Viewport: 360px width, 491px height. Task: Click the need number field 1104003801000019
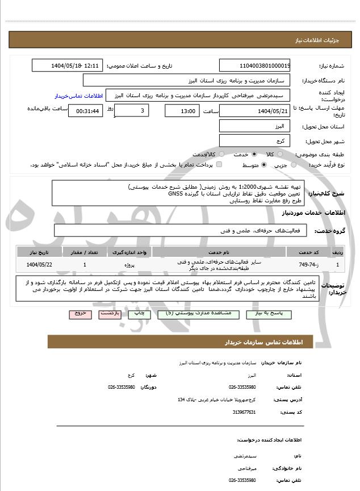pos(255,65)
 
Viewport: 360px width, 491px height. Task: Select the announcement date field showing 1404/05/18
pos(67,65)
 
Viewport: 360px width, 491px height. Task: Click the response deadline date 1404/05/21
pos(255,110)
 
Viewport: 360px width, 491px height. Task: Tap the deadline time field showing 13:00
pos(182,111)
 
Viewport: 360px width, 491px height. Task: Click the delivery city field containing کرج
pos(255,140)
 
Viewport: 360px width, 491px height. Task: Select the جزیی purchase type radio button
pos(293,165)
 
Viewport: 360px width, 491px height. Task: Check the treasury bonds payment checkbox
pos(219,165)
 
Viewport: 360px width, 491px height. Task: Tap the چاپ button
pos(139,314)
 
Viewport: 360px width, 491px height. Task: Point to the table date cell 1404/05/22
pos(39,265)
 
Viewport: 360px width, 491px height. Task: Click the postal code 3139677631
pos(245,412)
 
